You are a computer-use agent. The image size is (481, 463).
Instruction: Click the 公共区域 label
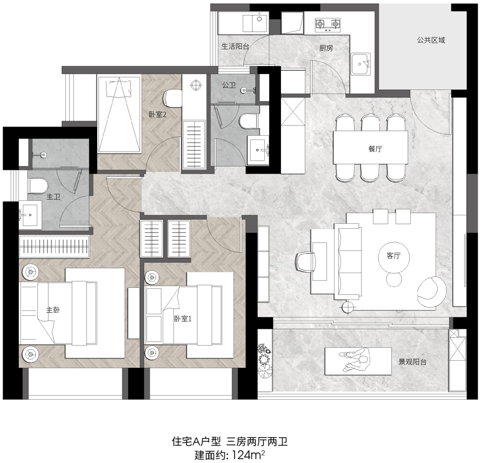coord(431,40)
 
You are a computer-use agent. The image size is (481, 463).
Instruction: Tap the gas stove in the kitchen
coord(328,25)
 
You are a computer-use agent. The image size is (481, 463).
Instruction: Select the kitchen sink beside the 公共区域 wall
coord(361,64)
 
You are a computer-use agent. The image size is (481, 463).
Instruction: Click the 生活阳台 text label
coord(235,47)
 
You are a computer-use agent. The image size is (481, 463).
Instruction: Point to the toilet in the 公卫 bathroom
coord(249,121)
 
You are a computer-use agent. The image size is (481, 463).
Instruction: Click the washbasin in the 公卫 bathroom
coord(258,150)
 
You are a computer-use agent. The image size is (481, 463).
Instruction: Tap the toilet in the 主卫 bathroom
coord(38,186)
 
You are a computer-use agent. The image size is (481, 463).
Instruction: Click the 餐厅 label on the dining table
coord(375,149)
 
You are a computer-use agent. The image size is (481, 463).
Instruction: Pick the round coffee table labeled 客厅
coord(393,255)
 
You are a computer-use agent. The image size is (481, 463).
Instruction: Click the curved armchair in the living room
coord(431,292)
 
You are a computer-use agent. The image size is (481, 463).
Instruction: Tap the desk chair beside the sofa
coord(306,262)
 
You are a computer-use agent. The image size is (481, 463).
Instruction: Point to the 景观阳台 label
coord(412,362)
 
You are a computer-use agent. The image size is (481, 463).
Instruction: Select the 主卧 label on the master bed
coord(53,310)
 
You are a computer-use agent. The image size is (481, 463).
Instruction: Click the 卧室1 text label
coord(183,319)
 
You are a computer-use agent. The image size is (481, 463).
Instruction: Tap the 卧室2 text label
coord(157,115)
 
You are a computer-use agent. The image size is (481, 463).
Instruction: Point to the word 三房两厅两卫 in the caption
coord(257,442)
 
